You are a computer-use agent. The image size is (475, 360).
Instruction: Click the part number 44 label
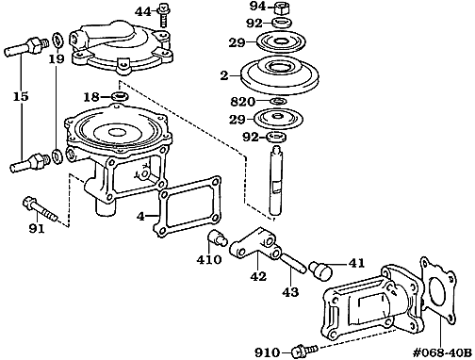pyautogui.click(x=142, y=11)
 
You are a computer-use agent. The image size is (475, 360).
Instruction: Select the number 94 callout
pyautogui.click(x=256, y=7)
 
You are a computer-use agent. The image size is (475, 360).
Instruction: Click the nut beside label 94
pyautogui.click(x=283, y=7)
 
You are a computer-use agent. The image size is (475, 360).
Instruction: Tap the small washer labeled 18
pyautogui.click(x=121, y=96)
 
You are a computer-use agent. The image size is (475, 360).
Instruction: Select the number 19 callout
pyautogui.click(x=57, y=58)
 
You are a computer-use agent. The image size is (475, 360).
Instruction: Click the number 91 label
pyautogui.click(x=37, y=227)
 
